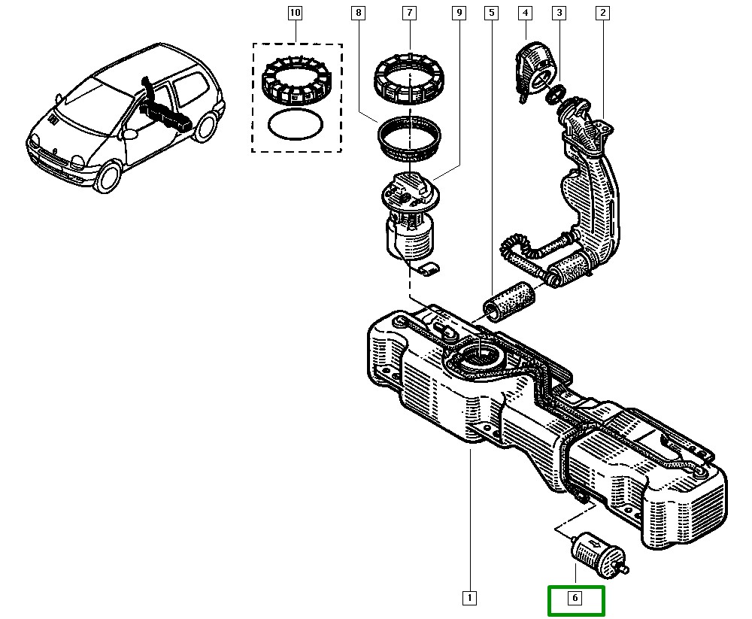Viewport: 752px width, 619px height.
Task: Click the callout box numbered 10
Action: [295, 13]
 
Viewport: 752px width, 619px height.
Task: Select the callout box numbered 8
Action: [359, 13]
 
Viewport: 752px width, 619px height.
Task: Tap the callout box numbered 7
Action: [409, 13]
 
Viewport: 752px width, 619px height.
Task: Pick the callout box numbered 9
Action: [459, 13]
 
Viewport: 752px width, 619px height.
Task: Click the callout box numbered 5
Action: [491, 13]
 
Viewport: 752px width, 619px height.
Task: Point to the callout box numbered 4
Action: [525, 13]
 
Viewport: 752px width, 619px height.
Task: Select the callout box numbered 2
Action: [602, 13]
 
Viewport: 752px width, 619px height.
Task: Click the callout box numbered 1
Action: [468, 599]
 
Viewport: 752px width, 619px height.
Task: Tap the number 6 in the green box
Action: [575, 599]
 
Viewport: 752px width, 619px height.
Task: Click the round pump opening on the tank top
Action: [479, 353]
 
